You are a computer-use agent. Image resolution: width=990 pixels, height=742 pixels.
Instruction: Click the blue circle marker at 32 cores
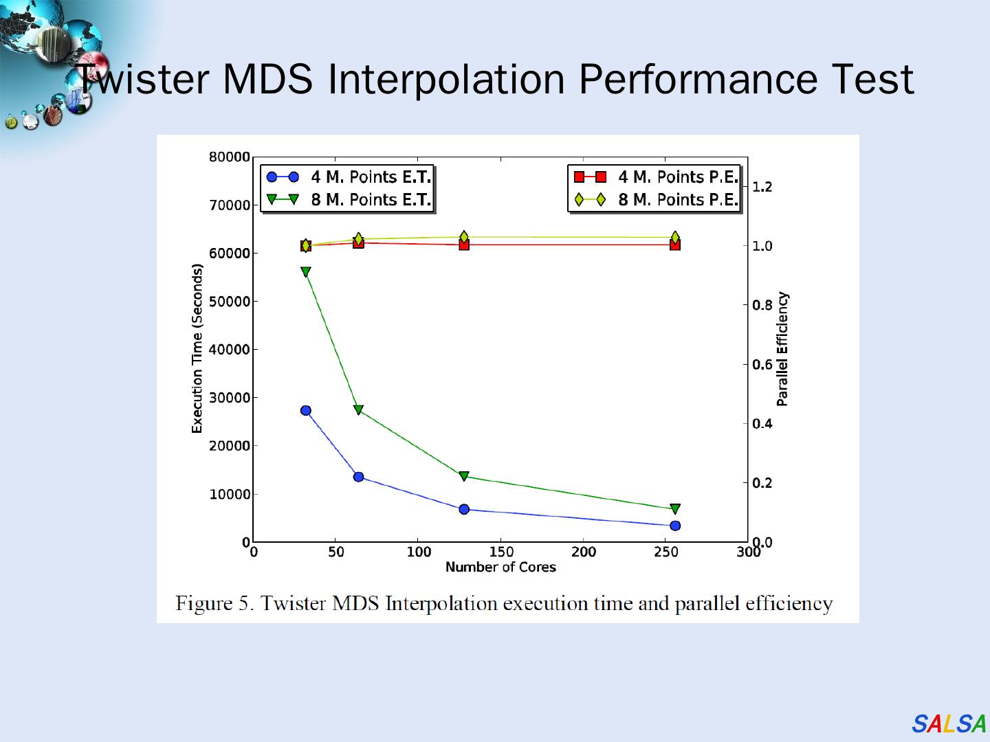pyautogui.click(x=306, y=410)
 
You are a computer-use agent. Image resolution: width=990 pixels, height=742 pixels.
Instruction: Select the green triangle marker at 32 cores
pyautogui.click(x=306, y=272)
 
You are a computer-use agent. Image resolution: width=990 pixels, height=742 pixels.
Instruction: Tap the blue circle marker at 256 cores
pyautogui.click(x=675, y=526)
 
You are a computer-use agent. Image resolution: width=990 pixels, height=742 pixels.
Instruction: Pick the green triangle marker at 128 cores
pyautogui.click(x=464, y=476)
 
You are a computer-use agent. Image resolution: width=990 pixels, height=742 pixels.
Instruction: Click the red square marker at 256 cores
pyautogui.click(x=675, y=244)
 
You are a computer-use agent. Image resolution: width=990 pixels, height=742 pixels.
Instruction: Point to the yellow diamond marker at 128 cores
pyautogui.click(x=464, y=237)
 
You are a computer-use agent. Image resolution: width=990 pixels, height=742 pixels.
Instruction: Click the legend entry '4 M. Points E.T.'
pyautogui.click(x=371, y=177)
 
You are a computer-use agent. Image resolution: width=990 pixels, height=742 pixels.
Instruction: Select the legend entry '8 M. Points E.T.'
pyautogui.click(x=371, y=200)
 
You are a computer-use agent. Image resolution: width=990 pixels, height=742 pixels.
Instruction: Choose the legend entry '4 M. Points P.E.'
pyautogui.click(x=678, y=177)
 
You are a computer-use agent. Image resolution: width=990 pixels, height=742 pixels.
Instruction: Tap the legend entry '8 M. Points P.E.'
pyautogui.click(x=678, y=200)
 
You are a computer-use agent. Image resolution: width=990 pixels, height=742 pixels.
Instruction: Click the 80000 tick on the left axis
pyautogui.click(x=230, y=157)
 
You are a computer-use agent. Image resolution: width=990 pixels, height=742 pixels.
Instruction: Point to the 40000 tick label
pyautogui.click(x=230, y=350)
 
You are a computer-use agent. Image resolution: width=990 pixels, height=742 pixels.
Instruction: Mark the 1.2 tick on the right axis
pyautogui.click(x=762, y=187)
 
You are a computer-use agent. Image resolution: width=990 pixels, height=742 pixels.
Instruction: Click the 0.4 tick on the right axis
pyautogui.click(x=762, y=423)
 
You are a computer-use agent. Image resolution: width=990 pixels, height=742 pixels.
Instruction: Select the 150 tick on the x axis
pyautogui.click(x=501, y=552)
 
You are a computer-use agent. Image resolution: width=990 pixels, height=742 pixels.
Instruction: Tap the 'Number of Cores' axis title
pyautogui.click(x=500, y=567)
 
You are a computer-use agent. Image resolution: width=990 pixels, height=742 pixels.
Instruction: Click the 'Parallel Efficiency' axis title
pyautogui.click(x=783, y=349)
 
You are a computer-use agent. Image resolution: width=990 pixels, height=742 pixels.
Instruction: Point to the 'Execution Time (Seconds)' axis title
pyautogui.click(x=197, y=349)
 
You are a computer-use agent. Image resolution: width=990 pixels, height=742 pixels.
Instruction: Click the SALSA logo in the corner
pyautogui.click(x=949, y=724)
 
